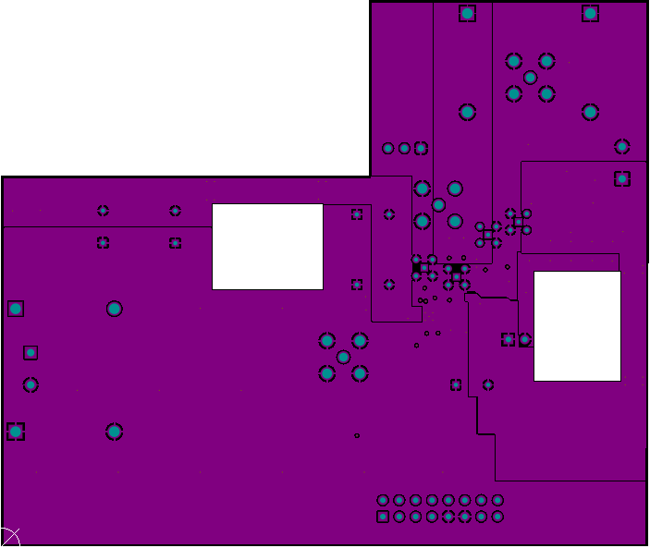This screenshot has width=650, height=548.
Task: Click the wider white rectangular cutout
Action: pos(267,247)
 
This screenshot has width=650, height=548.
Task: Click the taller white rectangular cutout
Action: pos(577,326)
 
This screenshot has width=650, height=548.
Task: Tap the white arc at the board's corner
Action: pos(9,537)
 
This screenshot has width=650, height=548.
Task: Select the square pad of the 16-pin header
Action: pos(383,517)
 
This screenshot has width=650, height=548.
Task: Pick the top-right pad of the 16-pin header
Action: pos(497,500)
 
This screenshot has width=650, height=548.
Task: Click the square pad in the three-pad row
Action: pos(421,148)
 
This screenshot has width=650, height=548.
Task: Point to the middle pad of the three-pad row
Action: pos(404,148)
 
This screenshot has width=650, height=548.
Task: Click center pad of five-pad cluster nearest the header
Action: pos(343,357)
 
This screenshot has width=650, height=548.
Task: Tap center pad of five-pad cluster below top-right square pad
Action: pos(530,78)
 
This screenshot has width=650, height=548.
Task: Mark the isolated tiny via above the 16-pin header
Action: pos(357,435)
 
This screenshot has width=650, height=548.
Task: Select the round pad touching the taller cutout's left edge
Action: pos(524,339)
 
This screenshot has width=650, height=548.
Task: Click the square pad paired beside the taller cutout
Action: pos(508,339)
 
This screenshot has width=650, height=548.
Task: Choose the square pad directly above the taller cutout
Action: pos(622,178)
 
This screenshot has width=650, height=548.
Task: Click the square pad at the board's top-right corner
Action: pos(590,13)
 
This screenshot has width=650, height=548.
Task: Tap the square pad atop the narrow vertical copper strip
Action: pos(467,13)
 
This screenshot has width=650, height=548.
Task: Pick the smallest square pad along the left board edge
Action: pos(31,352)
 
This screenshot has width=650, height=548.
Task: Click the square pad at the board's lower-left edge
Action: pos(15,432)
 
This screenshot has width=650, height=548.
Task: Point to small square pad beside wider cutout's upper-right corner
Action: pos(357,214)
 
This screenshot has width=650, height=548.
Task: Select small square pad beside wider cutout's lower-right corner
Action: pos(357,285)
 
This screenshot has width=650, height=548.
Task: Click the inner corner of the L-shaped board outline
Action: pos(370,176)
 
